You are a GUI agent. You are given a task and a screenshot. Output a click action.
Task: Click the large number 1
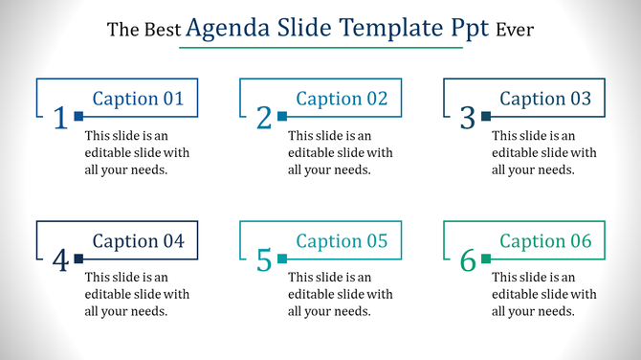tap(60, 118)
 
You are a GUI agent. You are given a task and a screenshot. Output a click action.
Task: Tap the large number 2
tap(264, 118)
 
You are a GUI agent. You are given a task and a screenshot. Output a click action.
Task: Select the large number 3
tap(468, 118)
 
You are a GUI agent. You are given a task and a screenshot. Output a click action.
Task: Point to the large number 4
tap(60, 260)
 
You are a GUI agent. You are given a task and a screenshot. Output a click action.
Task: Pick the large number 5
tap(264, 260)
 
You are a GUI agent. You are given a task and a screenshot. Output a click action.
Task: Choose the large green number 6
tap(468, 260)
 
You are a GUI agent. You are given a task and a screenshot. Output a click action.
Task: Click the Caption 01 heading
tap(138, 98)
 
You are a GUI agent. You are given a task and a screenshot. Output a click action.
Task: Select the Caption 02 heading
tap(342, 98)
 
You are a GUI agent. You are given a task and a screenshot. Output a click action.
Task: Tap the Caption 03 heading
tap(545, 98)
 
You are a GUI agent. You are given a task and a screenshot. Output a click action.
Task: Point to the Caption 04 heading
tap(138, 240)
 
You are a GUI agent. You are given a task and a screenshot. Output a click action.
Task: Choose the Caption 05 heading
tap(342, 240)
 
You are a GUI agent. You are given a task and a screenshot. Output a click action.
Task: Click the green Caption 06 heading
tap(545, 240)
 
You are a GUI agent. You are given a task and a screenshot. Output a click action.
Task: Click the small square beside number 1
tap(78, 117)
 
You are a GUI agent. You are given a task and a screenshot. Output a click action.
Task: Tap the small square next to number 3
tap(486, 117)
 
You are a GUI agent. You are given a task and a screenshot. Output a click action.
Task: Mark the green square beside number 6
tap(486, 259)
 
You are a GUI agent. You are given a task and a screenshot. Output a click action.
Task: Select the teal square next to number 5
tap(282, 259)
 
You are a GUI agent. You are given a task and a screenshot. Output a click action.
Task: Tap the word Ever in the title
tap(515, 31)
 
